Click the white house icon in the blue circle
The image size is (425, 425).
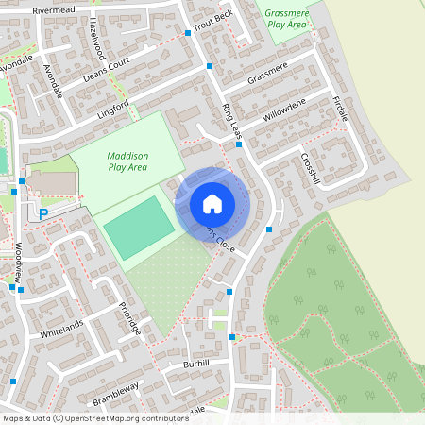click(212, 203)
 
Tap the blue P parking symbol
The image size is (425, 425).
click(42, 214)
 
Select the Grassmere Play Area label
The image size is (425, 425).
click(287, 18)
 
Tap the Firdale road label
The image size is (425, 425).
click(340, 108)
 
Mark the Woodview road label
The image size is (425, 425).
click(17, 259)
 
